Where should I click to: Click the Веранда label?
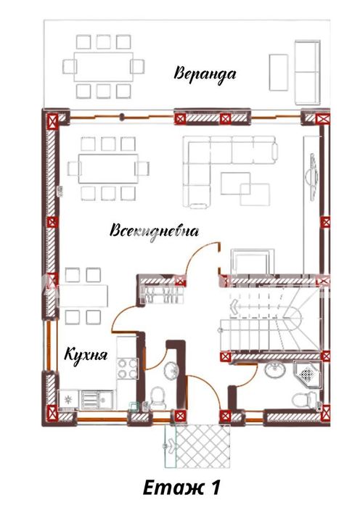[205, 73]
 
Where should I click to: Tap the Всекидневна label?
[154, 232]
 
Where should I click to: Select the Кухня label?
[86, 355]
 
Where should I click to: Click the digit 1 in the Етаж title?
[213, 488]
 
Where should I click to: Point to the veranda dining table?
[103, 67]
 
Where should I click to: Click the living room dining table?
[108, 168]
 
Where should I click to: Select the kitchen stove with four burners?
[127, 369]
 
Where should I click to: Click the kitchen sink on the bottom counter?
[97, 400]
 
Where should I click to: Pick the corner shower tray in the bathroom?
[308, 374]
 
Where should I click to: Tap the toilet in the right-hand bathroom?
[305, 399]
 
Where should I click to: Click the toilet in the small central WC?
[158, 397]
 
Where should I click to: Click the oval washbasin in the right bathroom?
[275, 369]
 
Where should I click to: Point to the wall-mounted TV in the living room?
[312, 177]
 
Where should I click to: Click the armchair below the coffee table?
[252, 262]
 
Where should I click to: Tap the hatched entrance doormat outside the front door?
[202, 446]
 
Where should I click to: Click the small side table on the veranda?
[279, 73]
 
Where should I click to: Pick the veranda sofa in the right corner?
[307, 72]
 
